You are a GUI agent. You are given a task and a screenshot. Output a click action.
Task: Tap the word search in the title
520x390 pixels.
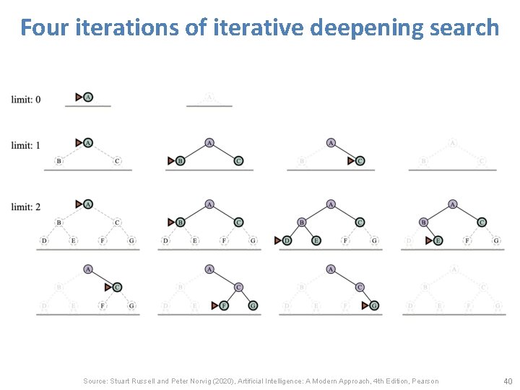pyautogui.click(x=467, y=27)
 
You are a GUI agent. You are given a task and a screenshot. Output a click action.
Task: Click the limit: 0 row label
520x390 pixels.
pyautogui.click(x=26, y=99)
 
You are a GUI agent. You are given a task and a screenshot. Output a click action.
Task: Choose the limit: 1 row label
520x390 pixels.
pyautogui.click(x=26, y=146)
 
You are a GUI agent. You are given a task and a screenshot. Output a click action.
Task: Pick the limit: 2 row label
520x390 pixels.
pyautogui.click(x=26, y=207)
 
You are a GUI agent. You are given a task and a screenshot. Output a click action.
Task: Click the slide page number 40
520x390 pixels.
pyautogui.click(x=506, y=381)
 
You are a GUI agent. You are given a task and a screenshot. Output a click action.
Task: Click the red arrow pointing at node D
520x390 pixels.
pyautogui.click(x=278, y=240)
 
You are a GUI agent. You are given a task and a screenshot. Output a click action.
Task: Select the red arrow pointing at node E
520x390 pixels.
pyautogui.click(x=429, y=240)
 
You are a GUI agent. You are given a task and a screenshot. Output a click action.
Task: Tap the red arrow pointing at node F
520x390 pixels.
pyautogui.click(x=215, y=305)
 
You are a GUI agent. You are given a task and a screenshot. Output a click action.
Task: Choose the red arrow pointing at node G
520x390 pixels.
pyautogui.click(x=366, y=305)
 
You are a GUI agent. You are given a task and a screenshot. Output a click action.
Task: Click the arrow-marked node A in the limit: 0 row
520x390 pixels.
pyautogui.click(x=88, y=97)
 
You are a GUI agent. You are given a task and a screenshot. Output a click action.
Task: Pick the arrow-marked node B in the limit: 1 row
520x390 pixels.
pyautogui.click(x=181, y=160)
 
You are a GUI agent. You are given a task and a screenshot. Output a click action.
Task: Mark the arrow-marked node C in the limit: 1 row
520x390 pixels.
pyautogui.click(x=360, y=160)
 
